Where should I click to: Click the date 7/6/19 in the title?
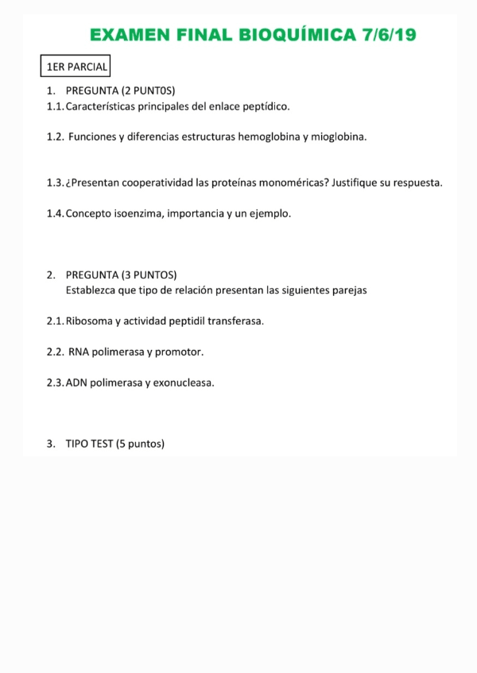coord(389,35)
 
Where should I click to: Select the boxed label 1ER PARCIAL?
coord(76,67)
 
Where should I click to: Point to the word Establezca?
coord(91,290)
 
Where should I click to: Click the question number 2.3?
coord(55,383)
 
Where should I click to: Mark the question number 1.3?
coord(55,183)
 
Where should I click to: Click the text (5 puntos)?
coord(140,444)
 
